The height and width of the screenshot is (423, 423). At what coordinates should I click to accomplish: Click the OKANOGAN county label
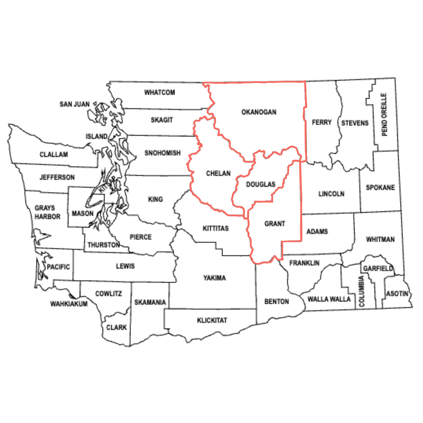pyautogui.click(x=259, y=112)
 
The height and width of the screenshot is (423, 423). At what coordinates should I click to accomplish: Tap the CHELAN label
pyautogui.click(x=218, y=173)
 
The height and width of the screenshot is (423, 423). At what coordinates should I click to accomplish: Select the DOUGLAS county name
pyautogui.click(x=261, y=184)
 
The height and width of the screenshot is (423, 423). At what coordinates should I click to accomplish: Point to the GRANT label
pyautogui.click(x=275, y=224)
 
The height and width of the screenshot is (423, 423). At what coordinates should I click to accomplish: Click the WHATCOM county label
pyautogui.click(x=159, y=92)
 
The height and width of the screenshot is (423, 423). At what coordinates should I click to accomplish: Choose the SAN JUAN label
pyautogui.click(x=75, y=104)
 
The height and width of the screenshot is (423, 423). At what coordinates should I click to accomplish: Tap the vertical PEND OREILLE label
pyautogui.click(x=384, y=115)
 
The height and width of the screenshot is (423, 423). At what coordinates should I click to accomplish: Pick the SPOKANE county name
pyautogui.click(x=380, y=188)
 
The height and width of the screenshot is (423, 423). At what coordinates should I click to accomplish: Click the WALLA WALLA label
pyautogui.click(x=329, y=299)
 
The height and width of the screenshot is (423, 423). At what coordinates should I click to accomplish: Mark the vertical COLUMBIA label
pyautogui.click(x=361, y=291)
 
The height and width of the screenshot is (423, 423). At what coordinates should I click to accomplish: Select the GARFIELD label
pyautogui.click(x=378, y=268)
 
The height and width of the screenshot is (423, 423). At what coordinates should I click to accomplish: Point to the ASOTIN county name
pyautogui.click(x=397, y=294)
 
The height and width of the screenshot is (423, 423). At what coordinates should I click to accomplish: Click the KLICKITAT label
pyautogui.click(x=212, y=320)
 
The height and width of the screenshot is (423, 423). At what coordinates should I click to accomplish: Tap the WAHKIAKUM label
pyautogui.click(x=69, y=304)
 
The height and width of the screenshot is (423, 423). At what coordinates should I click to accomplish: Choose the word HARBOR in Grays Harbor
pyautogui.click(x=47, y=217)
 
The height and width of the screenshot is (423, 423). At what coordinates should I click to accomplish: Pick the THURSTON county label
pyautogui.click(x=104, y=245)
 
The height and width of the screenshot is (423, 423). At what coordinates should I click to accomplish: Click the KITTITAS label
pyautogui.click(x=215, y=228)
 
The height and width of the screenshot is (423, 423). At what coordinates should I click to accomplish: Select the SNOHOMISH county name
pyautogui.click(x=162, y=153)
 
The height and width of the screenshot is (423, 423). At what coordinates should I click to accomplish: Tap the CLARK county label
pyautogui.click(x=116, y=327)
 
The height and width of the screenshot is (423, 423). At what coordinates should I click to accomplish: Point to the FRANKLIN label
pyautogui.click(x=304, y=263)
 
